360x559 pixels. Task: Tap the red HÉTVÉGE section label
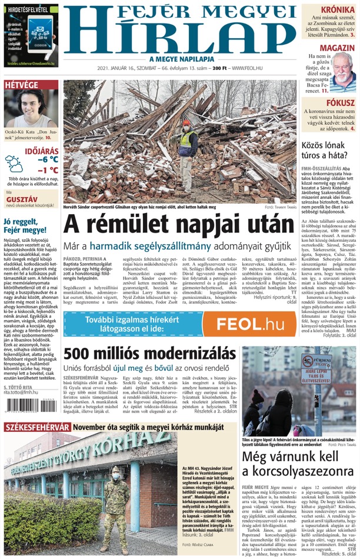tap(21, 85)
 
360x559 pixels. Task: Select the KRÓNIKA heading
tap(337, 10)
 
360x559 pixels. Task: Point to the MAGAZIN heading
tap(337, 48)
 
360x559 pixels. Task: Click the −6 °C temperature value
tap(48, 159)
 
